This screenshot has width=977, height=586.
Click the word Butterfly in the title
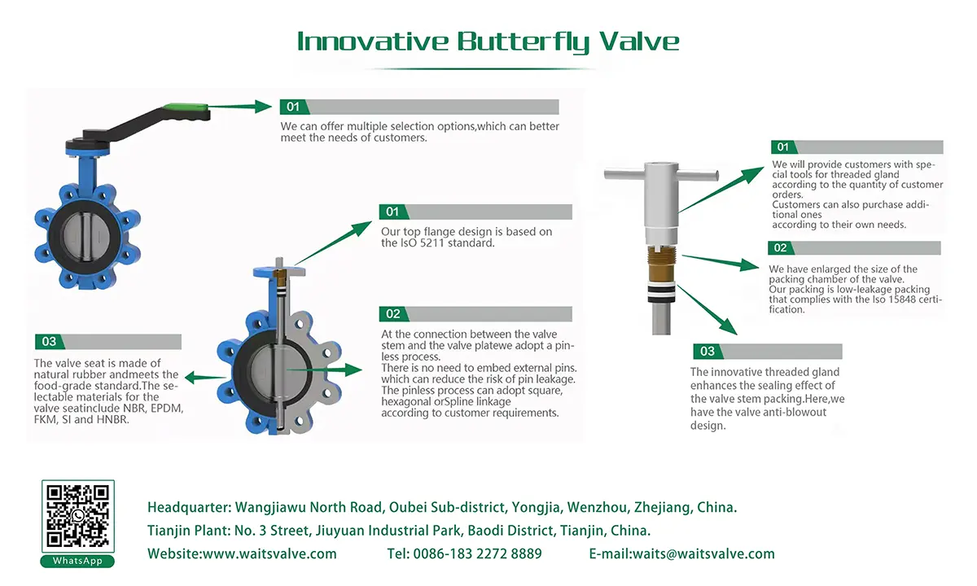[x=523, y=41]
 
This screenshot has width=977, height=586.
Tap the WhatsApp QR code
[x=77, y=515]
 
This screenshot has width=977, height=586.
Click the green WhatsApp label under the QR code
[x=77, y=561]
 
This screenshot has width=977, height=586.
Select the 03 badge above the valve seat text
[x=49, y=342]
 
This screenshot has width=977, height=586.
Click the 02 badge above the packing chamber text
[x=781, y=248]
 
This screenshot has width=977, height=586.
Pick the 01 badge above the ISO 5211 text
[x=392, y=212]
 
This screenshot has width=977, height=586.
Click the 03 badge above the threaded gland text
[x=707, y=352]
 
